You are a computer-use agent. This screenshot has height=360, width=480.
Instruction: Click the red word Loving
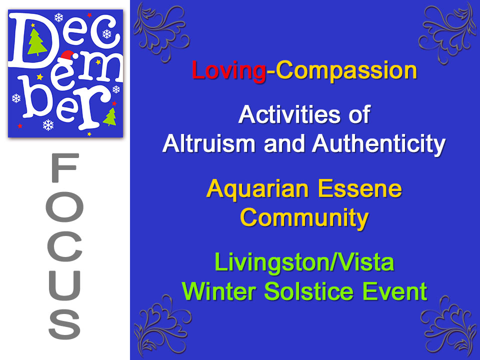pyautogui.click(x=228, y=71)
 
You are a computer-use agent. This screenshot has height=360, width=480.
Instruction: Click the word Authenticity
pyautogui.click(x=378, y=144)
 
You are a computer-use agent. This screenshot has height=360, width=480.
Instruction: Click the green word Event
pyautogui.click(x=398, y=291)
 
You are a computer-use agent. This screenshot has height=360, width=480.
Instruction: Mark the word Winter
pyautogui.click(x=216, y=291)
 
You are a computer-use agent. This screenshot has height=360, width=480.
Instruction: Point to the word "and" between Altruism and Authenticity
pyautogui.click(x=283, y=144)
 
